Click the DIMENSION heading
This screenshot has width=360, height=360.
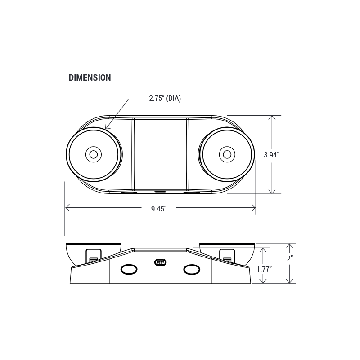[90, 77]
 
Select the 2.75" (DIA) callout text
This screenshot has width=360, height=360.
[165, 98]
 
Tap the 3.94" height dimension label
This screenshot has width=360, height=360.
[271, 155]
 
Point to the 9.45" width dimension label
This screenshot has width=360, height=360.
[159, 209]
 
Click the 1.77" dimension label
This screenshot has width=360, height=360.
[264, 269]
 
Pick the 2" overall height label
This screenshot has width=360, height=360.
[290, 258]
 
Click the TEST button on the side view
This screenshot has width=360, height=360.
[161, 262]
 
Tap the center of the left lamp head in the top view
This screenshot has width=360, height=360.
[94, 154]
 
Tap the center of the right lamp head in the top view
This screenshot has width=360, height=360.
[227, 154]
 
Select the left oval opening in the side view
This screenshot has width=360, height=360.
[129, 269]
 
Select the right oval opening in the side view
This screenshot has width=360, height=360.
[192, 269]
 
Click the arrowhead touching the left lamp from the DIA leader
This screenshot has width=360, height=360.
[106, 128]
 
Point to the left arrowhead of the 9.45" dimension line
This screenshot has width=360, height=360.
[67, 208]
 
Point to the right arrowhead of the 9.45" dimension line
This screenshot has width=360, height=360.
[253, 208]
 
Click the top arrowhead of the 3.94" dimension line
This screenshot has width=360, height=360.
[272, 117]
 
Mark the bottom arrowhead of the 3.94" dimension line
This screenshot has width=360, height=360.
[272, 192]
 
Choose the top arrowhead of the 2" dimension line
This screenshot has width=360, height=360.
[290, 246]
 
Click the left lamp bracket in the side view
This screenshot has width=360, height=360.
[94, 256]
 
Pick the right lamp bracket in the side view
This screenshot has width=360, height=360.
[227, 255]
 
